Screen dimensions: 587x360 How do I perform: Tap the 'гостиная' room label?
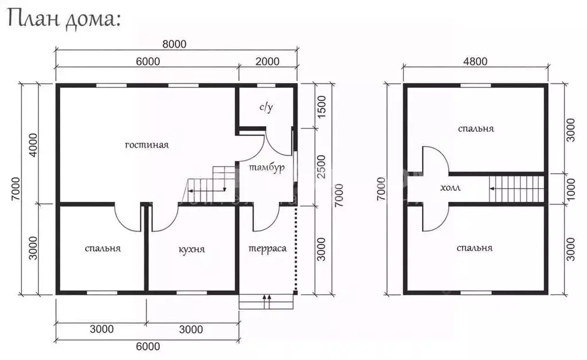(x=147, y=145)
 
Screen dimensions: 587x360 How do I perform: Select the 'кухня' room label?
(x=191, y=249)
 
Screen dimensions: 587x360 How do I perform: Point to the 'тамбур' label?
(x=267, y=167)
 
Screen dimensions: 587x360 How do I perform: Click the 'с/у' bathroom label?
(x=266, y=107)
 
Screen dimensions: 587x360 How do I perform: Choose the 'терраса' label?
(x=267, y=248)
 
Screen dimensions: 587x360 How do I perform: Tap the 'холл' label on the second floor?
(x=451, y=188)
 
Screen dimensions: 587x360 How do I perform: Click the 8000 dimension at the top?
(x=174, y=44)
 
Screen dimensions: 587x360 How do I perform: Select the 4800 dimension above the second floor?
(x=475, y=61)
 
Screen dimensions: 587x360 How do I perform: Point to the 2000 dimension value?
(x=267, y=61)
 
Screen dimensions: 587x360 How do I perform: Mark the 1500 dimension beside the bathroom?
(x=322, y=107)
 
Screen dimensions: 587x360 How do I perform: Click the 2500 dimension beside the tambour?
(x=322, y=167)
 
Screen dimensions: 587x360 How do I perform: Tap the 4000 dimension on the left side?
(x=33, y=145)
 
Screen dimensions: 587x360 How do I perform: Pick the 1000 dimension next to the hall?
(x=570, y=189)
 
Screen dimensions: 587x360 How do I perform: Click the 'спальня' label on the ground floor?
(x=103, y=248)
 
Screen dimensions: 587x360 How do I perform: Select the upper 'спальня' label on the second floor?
(x=476, y=129)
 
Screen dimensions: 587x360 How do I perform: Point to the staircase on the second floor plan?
(x=516, y=188)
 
